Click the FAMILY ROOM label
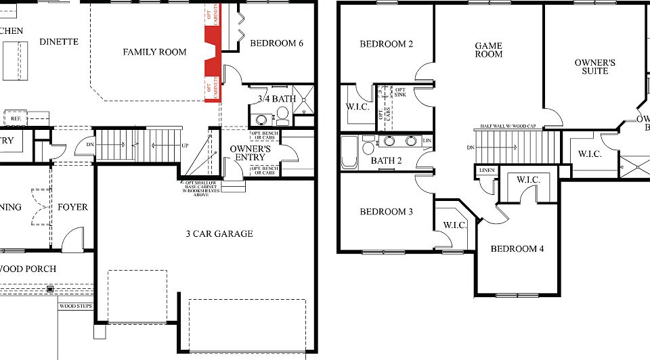click(154, 52)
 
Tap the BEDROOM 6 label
click(276, 44)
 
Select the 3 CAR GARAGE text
click(219, 234)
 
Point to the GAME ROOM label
click(488, 50)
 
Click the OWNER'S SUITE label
click(594, 67)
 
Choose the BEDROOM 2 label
click(386, 45)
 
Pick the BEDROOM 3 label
click(386, 212)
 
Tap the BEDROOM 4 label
click(517, 249)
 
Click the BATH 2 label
click(387, 161)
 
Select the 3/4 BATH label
click(277, 99)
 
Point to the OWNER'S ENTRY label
click(251, 154)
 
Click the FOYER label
click(72, 207)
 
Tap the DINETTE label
click(59, 42)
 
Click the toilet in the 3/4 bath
click(282, 118)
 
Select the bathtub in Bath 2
click(349, 153)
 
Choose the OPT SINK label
click(400, 92)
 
